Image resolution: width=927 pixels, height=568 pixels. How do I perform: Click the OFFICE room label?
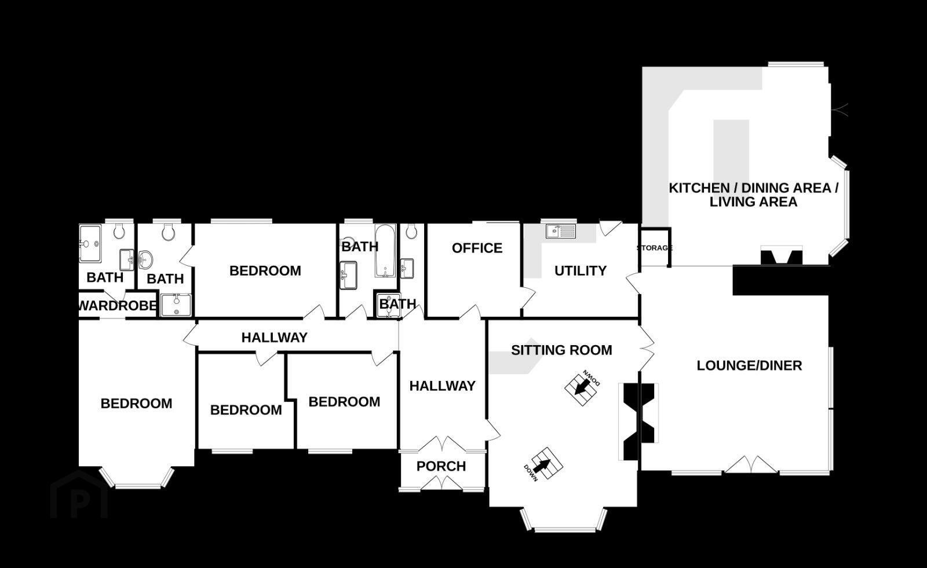pyautogui.click(x=477, y=248)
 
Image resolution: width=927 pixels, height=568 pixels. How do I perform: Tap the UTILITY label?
pyautogui.click(x=580, y=270)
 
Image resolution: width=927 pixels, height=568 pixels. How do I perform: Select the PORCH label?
pyautogui.click(x=441, y=466)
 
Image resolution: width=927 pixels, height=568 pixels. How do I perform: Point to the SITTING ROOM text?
pyautogui.click(x=561, y=350)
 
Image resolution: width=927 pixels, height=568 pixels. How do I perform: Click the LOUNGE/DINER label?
pyautogui.click(x=750, y=365)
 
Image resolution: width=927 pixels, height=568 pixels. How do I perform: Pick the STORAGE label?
pyautogui.click(x=654, y=248)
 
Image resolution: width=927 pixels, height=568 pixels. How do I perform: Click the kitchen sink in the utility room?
pyautogui.click(x=561, y=231)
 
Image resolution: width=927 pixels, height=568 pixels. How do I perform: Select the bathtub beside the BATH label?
pyautogui.click(x=385, y=251)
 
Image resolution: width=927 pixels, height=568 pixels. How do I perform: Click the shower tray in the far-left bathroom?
pyautogui.click(x=90, y=244)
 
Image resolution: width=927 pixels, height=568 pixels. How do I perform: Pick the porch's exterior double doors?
pyautogui.click(x=441, y=483)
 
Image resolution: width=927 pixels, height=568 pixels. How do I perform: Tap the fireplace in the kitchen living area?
pyautogui.click(x=782, y=256)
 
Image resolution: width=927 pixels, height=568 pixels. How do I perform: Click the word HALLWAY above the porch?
pyautogui.click(x=443, y=386)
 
